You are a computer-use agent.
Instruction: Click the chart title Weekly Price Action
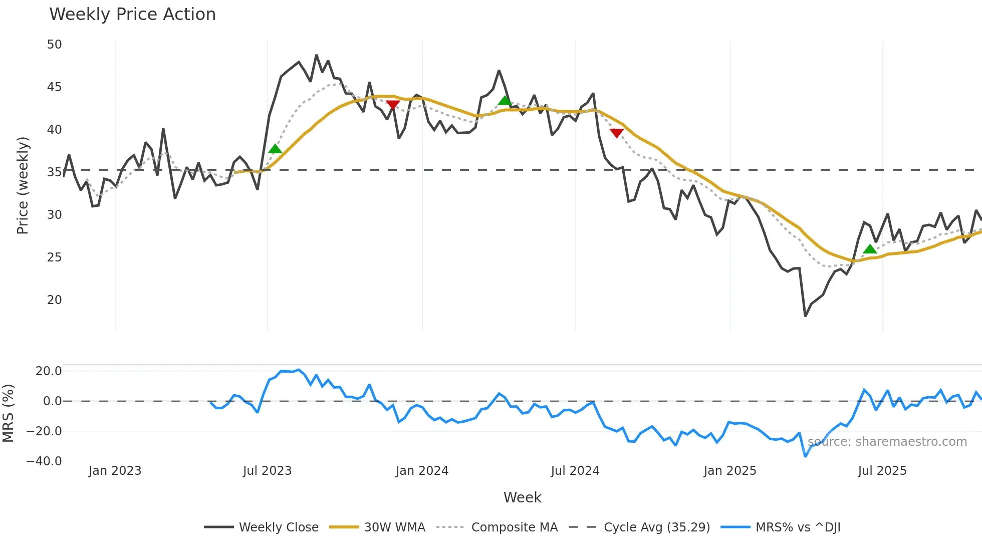(132, 15)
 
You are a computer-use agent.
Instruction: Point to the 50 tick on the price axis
(54, 45)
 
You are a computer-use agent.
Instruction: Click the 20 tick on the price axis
(54, 300)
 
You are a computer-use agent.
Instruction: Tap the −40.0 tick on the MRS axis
(44, 461)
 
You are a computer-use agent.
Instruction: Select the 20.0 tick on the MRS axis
(49, 371)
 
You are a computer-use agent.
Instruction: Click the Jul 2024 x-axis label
(575, 471)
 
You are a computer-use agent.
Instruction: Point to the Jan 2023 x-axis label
(115, 471)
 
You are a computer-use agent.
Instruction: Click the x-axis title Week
(522, 497)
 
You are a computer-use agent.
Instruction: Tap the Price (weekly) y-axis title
(23, 185)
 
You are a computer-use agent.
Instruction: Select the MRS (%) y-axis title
(8, 413)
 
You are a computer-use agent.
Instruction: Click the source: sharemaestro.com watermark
(887, 442)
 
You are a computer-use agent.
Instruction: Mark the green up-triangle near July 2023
(275, 149)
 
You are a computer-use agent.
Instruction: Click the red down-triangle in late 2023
(393, 105)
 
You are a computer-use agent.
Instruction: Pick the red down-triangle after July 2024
(617, 133)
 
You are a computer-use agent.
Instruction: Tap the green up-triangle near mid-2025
(870, 249)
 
